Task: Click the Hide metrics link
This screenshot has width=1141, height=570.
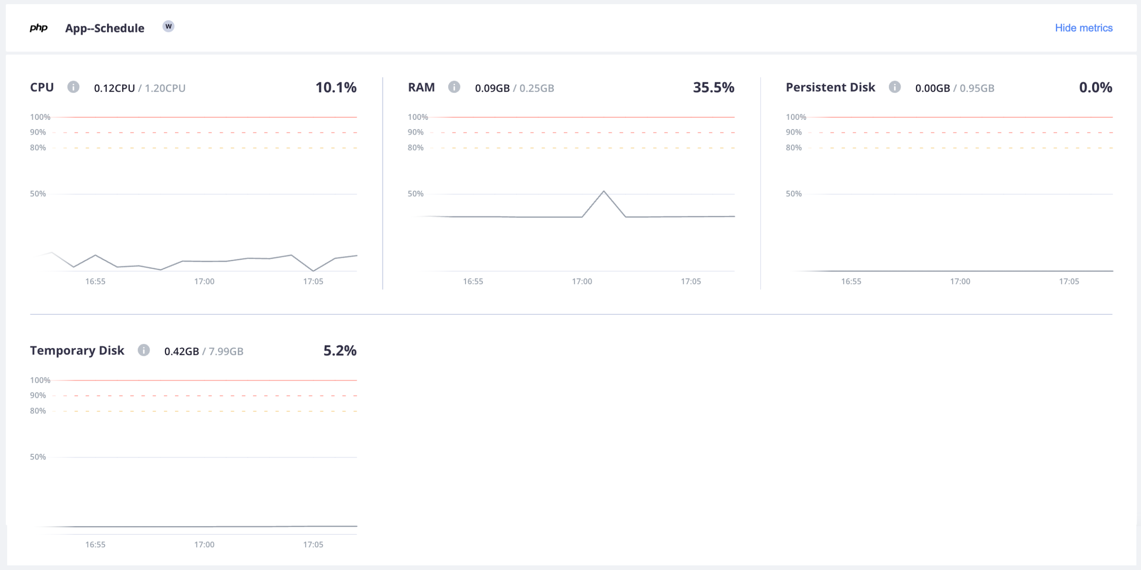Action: click(x=1083, y=28)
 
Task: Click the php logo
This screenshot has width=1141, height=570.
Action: click(x=38, y=28)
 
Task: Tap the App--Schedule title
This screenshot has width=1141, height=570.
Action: click(x=105, y=28)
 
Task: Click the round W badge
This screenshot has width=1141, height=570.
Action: click(x=168, y=27)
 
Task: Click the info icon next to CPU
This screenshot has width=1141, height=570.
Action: click(x=73, y=87)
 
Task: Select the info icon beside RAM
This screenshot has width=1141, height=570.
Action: click(x=454, y=87)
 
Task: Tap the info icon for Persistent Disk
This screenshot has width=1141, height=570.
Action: click(x=894, y=87)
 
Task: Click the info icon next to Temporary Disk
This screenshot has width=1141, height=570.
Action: click(x=143, y=351)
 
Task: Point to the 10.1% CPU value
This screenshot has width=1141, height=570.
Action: click(x=336, y=88)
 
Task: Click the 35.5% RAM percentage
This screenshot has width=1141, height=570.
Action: click(x=713, y=88)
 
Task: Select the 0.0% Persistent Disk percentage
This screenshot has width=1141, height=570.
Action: click(x=1095, y=88)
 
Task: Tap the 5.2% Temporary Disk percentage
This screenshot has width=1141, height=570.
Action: click(x=340, y=351)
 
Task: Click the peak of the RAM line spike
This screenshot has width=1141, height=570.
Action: click(x=603, y=192)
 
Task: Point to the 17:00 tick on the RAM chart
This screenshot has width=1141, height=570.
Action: click(x=581, y=281)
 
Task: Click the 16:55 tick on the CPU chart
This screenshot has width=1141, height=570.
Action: click(x=95, y=281)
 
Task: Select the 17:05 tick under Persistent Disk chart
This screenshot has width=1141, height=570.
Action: click(x=1068, y=281)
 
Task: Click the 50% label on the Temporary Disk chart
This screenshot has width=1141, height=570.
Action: click(x=38, y=457)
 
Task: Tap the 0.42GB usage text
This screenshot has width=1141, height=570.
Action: click(x=182, y=351)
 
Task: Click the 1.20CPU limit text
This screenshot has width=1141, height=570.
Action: click(x=165, y=88)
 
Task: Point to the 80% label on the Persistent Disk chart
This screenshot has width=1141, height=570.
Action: click(x=793, y=148)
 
